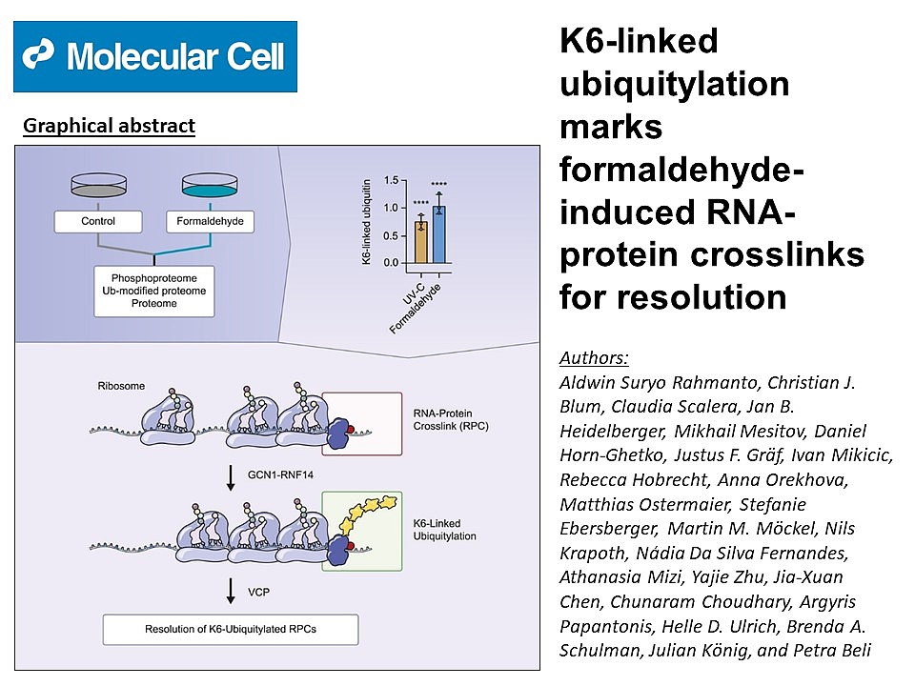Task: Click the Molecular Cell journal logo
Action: coord(155,56)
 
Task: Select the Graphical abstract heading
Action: coord(109,126)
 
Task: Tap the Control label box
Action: coord(98,222)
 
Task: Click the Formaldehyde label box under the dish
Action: coord(210,222)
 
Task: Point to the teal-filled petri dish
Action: coord(210,185)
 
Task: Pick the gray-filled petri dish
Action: coord(98,185)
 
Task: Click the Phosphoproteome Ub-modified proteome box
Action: coord(154,292)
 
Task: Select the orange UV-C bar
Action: coord(420,242)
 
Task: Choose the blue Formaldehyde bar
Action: coord(438,234)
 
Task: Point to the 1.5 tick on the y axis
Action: coord(391,180)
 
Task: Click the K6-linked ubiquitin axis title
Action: coord(366,222)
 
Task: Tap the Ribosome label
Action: coord(121,386)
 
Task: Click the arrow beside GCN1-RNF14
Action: coord(231,477)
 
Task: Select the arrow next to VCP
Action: coord(231,591)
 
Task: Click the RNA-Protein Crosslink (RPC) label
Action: coord(451,419)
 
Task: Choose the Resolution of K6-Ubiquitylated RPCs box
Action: coord(231,630)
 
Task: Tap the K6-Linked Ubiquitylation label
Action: coord(445,530)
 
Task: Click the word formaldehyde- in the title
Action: coord(681,170)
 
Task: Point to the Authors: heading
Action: coord(594,357)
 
